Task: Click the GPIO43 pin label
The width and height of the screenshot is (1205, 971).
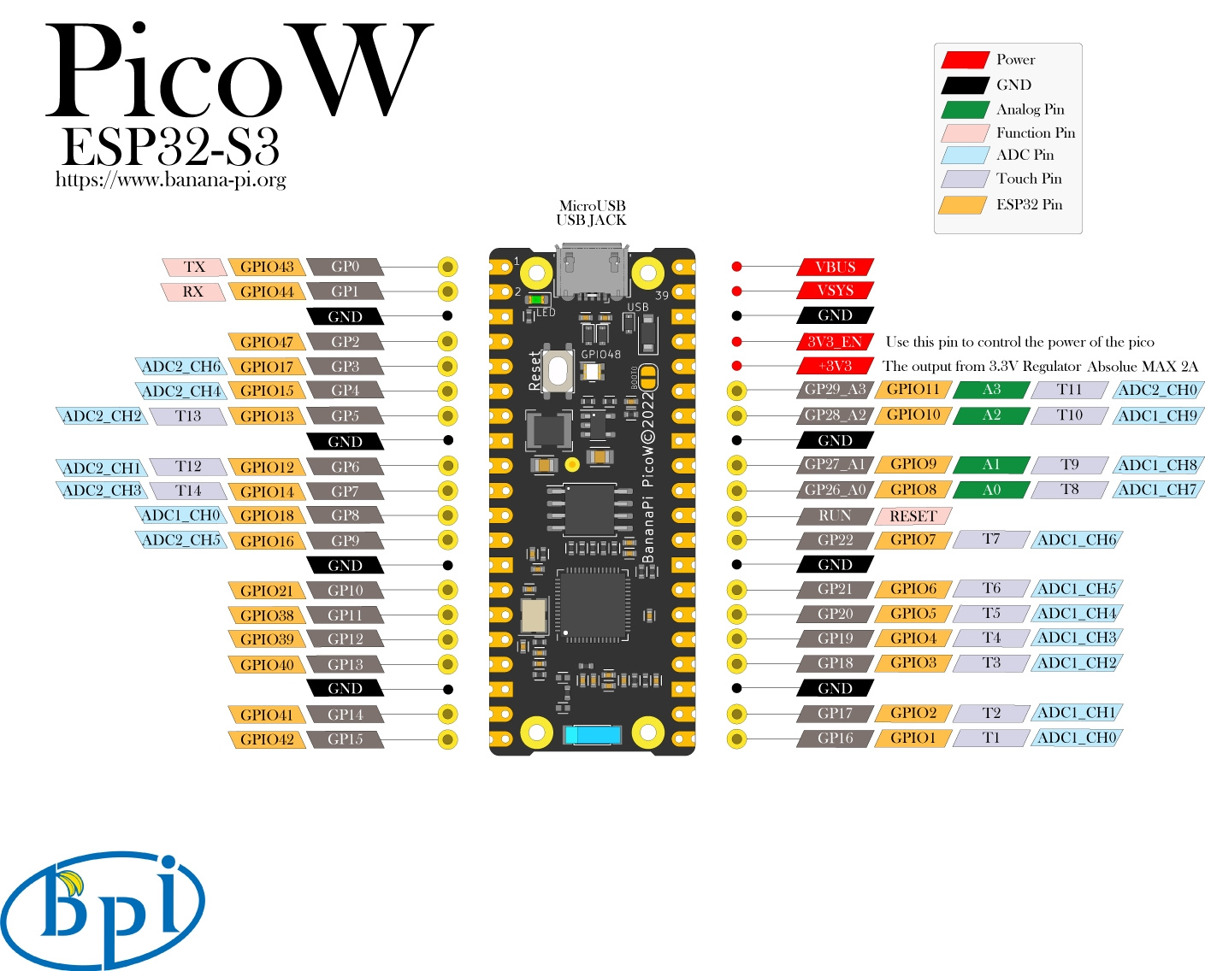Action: tap(266, 267)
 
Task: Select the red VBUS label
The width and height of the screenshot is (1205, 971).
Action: tap(835, 267)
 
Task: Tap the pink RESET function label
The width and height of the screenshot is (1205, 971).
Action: tap(913, 516)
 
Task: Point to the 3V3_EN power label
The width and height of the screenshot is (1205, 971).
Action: tap(835, 342)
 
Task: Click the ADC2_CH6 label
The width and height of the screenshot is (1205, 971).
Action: tap(181, 367)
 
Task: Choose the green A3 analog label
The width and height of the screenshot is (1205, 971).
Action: tap(991, 390)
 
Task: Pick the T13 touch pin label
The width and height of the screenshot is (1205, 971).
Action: tap(188, 416)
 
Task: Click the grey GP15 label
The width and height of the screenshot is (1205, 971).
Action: tap(345, 739)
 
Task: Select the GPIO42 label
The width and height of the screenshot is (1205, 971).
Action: tap(266, 739)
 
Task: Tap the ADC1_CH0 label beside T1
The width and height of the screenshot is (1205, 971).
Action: tap(1076, 738)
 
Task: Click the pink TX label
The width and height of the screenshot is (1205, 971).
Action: tap(194, 267)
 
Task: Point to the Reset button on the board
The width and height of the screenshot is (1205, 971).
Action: tap(558, 371)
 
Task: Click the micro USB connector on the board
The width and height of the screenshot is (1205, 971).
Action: tap(591, 272)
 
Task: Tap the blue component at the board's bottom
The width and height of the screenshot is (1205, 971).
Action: tap(592, 734)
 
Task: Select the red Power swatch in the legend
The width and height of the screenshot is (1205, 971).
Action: tap(965, 60)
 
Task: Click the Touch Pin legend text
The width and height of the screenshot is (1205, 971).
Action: tap(1029, 179)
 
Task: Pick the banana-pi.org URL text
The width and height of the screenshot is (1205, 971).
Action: tap(171, 179)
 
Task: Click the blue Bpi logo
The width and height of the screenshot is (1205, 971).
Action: tap(103, 908)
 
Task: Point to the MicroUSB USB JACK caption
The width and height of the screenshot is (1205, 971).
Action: tap(591, 213)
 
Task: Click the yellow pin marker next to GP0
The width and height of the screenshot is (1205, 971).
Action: tap(447, 267)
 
